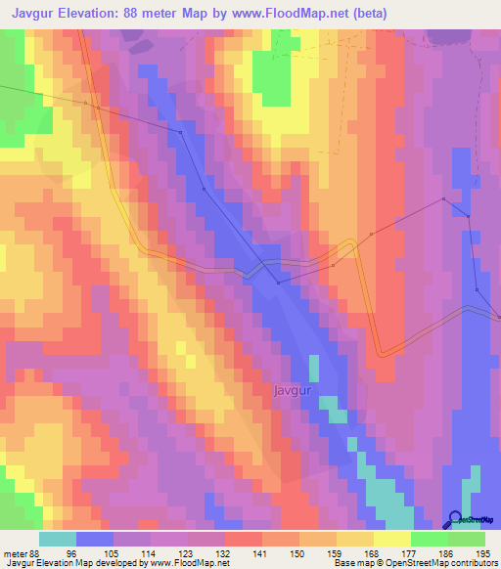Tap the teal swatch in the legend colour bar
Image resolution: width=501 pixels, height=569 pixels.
[58, 539]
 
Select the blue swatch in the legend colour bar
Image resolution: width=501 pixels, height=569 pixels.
[95, 539]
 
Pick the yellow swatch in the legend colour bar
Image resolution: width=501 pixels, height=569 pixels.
[392, 539]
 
